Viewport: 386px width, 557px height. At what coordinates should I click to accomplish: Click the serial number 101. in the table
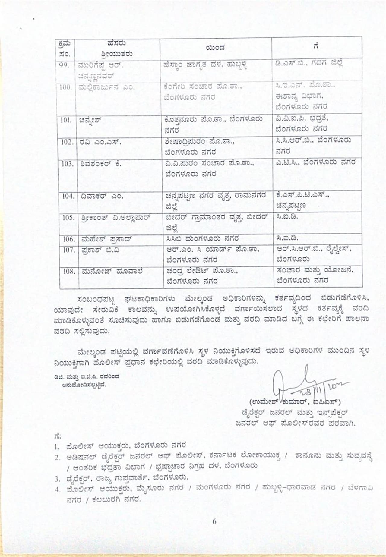(66, 120)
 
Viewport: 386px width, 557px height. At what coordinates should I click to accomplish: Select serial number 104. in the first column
(68, 196)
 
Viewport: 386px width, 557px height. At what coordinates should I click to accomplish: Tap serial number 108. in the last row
(69, 271)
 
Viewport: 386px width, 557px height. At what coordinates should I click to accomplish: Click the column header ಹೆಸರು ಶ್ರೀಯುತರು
(117, 49)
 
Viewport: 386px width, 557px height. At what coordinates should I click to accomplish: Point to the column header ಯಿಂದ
(215, 48)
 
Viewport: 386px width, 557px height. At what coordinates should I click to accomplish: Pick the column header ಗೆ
(316, 46)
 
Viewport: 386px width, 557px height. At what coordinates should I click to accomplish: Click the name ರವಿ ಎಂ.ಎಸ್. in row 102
(100, 142)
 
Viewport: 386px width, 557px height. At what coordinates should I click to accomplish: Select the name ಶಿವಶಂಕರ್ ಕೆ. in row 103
(101, 164)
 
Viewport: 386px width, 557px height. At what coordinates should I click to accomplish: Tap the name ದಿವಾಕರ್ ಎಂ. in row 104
(102, 196)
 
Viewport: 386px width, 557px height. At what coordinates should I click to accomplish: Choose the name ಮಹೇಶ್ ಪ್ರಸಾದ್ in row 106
(107, 239)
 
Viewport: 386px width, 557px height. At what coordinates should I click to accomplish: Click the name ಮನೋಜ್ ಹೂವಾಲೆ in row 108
(112, 271)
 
